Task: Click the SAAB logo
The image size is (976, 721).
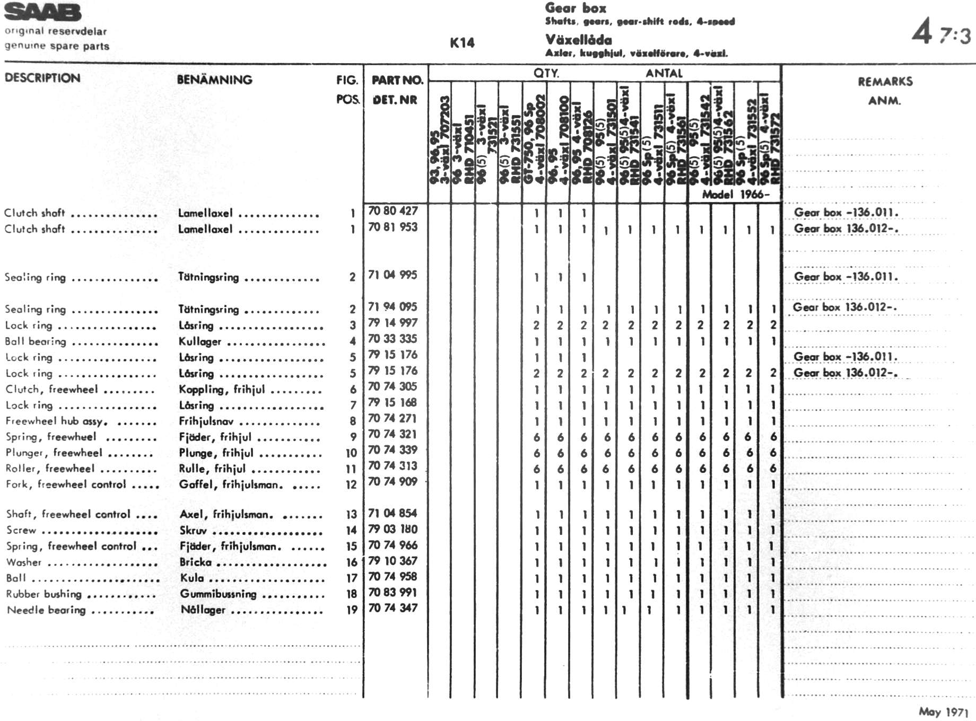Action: [43, 12]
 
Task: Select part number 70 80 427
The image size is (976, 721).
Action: [393, 211]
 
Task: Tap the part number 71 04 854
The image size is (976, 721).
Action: [393, 513]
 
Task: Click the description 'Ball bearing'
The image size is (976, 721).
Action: [36, 341]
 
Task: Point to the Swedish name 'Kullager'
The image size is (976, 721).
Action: [200, 341]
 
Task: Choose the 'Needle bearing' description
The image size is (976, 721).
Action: [46, 610]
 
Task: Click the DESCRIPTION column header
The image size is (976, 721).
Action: [42, 78]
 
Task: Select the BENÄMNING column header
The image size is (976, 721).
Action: [214, 80]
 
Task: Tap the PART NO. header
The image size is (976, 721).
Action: [397, 80]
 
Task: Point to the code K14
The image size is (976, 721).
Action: [462, 43]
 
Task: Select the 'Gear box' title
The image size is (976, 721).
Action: [576, 8]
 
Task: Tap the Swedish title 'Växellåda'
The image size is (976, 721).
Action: [578, 40]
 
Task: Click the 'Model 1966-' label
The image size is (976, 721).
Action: [735, 194]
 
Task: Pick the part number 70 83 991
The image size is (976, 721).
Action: [393, 593]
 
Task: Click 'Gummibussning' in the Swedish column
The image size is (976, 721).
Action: [218, 594]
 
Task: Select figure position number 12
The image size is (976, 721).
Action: [351, 485]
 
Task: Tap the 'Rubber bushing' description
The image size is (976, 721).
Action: [44, 594]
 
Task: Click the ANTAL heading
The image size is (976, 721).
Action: [664, 73]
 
